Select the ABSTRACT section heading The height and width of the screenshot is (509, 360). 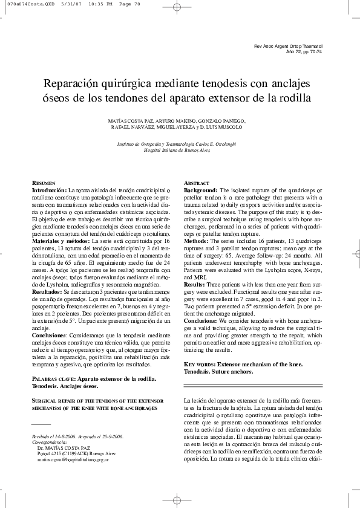pos(197,183)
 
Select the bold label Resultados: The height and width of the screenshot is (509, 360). pos(48,291)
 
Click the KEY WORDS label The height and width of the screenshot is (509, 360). pos(197,366)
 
